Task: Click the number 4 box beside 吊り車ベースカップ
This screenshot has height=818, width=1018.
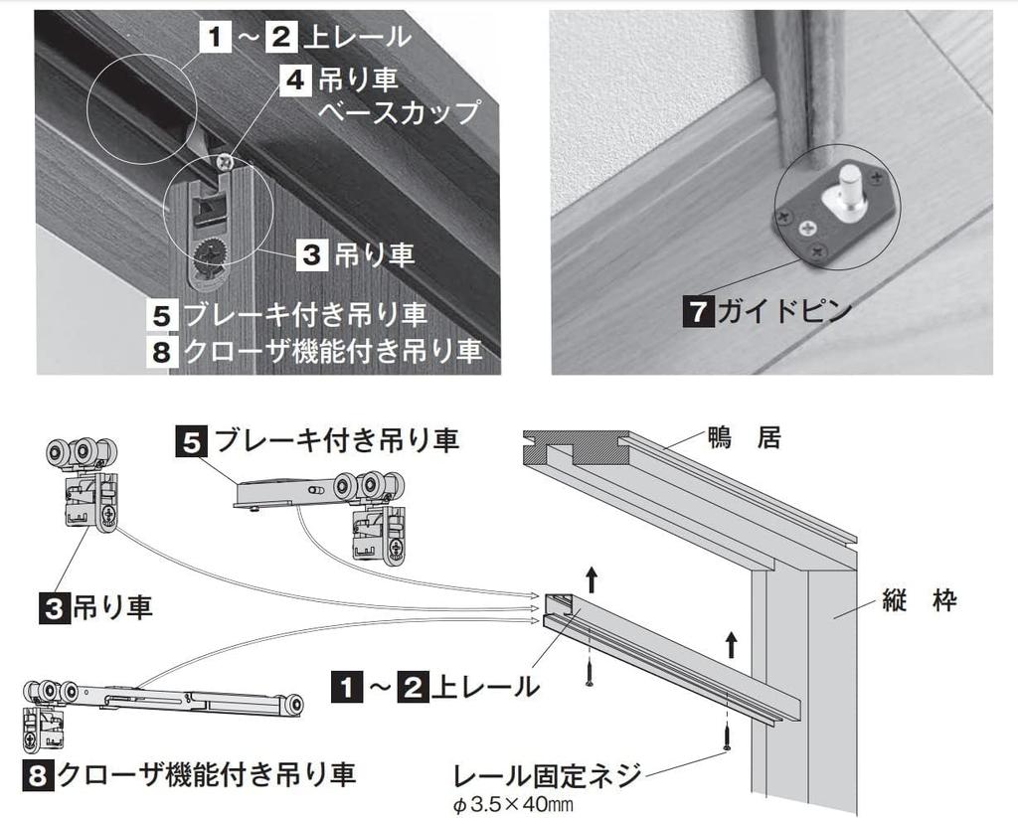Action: tap(295, 79)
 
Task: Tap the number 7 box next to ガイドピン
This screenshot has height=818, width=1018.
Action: tap(695, 311)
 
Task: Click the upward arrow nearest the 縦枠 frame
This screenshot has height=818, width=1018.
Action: tap(731, 643)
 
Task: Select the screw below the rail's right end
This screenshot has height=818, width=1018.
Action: tap(729, 736)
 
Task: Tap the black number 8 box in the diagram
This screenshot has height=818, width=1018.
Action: tap(37, 775)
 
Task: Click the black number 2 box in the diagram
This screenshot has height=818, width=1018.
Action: tap(412, 687)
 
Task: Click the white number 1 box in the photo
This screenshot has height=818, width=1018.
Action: tap(215, 38)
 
